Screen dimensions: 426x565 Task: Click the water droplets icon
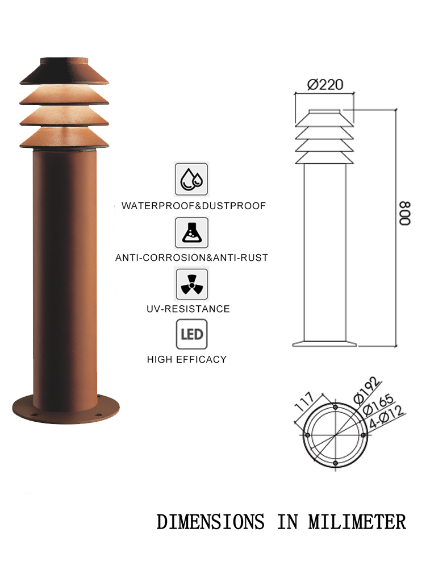coord(191,179)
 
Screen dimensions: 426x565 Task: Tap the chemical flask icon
coord(191,233)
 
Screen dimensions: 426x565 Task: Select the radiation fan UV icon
coord(191,284)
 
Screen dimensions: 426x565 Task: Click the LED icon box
coord(191,334)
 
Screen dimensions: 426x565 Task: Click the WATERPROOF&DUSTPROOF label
coord(194,206)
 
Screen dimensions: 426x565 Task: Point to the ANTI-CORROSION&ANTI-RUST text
coord(191,257)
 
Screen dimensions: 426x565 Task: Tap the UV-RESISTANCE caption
coord(188,309)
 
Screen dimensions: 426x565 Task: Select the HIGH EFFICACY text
coord(186,359)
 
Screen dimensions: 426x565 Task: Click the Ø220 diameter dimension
coord(325,84)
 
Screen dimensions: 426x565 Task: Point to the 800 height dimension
coord(405,213)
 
